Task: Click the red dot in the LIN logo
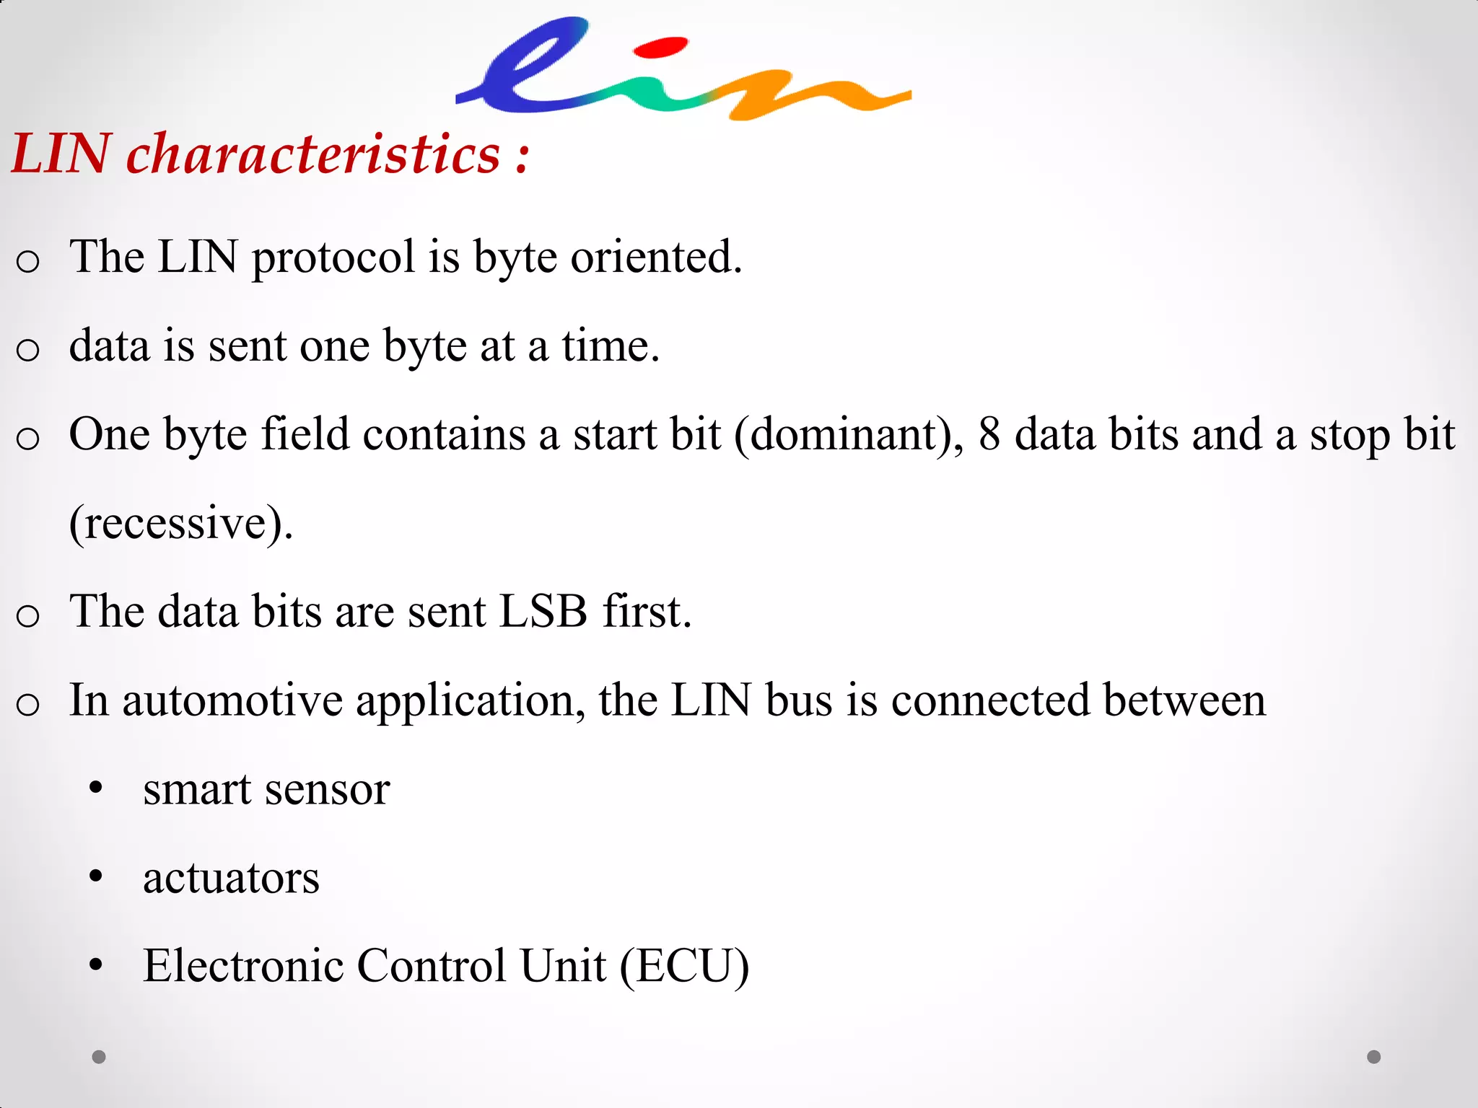point(660,48)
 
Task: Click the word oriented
point(656,258)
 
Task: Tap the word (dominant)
point(849,435)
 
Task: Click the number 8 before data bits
point(989,435)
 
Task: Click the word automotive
point(232,700)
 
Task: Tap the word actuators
point(231,878)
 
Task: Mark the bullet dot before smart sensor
point(96,788)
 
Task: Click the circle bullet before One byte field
point(27,438)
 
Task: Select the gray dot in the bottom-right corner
point(1374,1057)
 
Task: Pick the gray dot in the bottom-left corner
point(99,1057)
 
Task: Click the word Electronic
point(242,967)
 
